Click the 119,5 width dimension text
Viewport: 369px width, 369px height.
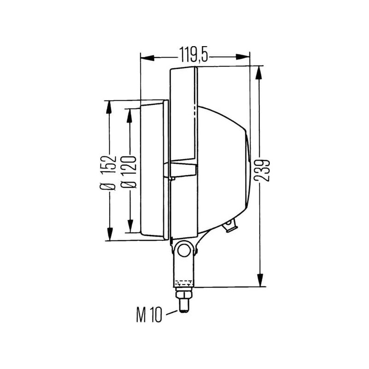[x=194, y=54]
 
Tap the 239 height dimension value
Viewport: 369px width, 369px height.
[x=262, y=170]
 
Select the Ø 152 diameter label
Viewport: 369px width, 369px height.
[x=108, y=173]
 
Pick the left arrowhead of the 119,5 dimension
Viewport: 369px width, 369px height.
[x=147, y=58]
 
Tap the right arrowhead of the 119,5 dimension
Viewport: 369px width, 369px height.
[x=243, y=57]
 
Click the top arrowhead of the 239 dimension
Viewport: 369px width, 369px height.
[x=259, y=73]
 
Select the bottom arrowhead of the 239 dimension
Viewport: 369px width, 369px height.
[x=260, y=280]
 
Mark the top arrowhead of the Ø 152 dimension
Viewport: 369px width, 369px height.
[x=108, y=108]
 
